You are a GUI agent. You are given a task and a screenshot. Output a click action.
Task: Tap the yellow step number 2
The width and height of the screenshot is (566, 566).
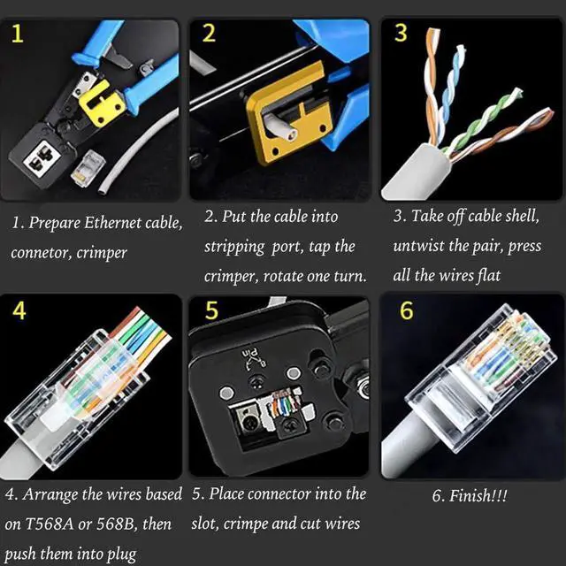pos(209,34)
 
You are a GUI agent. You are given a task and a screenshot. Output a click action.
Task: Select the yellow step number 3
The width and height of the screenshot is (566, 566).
pos(401,34)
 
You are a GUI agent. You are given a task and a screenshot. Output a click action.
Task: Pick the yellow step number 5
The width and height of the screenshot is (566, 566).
pos(210,311)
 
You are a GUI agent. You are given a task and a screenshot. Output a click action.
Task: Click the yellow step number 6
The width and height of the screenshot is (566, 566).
pos(406,311)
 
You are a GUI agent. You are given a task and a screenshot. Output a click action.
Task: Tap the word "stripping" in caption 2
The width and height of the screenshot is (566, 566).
pos(234,246)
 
